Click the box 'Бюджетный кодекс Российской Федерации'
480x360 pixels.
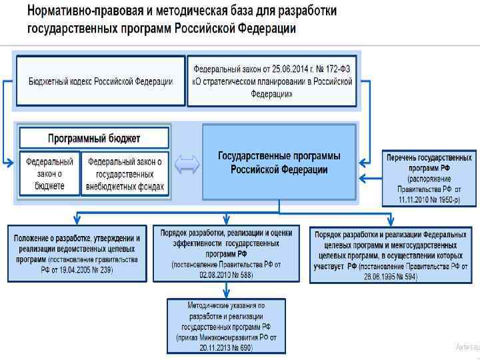pos(101,81)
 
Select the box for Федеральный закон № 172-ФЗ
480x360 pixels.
pos(271,81)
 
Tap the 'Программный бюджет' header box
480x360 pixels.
pos(94,138)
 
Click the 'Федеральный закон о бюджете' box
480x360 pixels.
pos(50,173)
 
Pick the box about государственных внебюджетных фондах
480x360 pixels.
pos(125,173)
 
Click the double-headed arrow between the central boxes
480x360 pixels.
pos(187,165)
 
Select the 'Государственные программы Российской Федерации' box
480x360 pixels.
pos(279,163)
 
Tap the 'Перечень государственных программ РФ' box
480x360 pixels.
pos(429,178)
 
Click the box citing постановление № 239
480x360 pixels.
pos(77,253)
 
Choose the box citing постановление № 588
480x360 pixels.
pos(226,253)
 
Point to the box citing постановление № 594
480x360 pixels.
pos(390,254)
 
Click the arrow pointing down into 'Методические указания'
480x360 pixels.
pos(226,289)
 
